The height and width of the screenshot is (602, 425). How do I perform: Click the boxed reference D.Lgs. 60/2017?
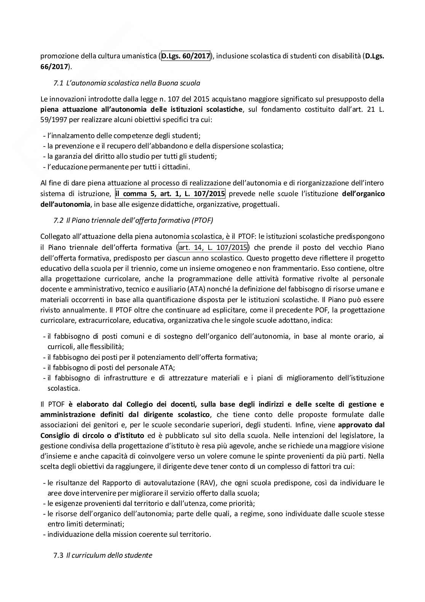pyautogui.click(x=186, y=56)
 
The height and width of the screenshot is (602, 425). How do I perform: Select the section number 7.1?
pyautogui.click(x=58, y=83)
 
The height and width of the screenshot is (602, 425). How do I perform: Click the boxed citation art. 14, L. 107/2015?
pyautogui.click(x=212, y=248)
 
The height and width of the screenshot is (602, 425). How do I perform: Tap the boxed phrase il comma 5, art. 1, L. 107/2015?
pyautogui.click(x=170, y=194)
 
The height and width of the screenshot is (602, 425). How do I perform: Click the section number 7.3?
pyautogui.click(x=58, y=555)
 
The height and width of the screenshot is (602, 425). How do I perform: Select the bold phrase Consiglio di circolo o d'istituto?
pyautogui.click(x=92, y=435)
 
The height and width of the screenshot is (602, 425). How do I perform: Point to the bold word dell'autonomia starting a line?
pyautogui.click(x=65, y=204)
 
